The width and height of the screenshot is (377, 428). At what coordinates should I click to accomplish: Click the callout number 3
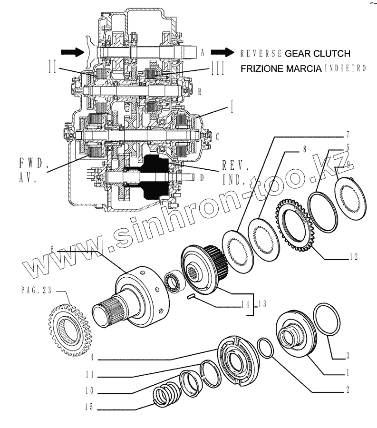click(348, 355)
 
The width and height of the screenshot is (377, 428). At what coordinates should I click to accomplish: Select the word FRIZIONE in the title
click(261, 68)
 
